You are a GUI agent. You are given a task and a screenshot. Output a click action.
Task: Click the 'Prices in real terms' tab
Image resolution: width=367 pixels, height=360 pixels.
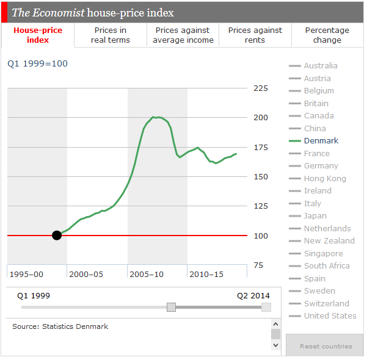111,35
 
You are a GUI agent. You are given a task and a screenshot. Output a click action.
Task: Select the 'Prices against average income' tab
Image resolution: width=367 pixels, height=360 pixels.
183,35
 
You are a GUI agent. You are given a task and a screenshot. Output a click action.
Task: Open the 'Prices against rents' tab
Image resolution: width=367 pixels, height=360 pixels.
255,35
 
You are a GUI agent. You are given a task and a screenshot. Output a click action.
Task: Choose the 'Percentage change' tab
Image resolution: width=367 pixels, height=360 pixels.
327,35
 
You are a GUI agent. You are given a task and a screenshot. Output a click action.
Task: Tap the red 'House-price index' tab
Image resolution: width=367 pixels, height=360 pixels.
38,35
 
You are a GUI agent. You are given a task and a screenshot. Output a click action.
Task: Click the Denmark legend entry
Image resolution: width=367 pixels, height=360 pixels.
321,140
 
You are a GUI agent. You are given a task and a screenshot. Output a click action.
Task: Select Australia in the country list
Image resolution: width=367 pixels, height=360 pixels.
321,65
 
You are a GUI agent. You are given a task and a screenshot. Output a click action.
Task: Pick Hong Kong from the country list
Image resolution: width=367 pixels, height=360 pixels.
325,178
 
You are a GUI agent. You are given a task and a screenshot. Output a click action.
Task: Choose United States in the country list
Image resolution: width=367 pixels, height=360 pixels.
330,315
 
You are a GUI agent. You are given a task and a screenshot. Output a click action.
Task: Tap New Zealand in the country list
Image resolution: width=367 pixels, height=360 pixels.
329,240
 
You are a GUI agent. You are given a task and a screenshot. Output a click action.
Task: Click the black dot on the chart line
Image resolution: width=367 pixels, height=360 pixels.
57,235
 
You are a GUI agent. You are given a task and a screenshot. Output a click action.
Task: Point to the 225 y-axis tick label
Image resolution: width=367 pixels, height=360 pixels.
261,88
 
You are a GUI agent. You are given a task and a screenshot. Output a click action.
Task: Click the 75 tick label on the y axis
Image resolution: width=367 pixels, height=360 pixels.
258,265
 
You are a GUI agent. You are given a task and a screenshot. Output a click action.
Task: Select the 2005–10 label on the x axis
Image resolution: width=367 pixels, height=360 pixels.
147,274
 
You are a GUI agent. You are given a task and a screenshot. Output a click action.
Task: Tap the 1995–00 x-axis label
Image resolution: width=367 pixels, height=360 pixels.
26,274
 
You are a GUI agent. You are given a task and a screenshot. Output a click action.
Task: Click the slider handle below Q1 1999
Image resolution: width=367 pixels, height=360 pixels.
171,307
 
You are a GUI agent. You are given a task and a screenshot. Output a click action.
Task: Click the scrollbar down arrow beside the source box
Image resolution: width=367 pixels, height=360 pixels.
275,345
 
